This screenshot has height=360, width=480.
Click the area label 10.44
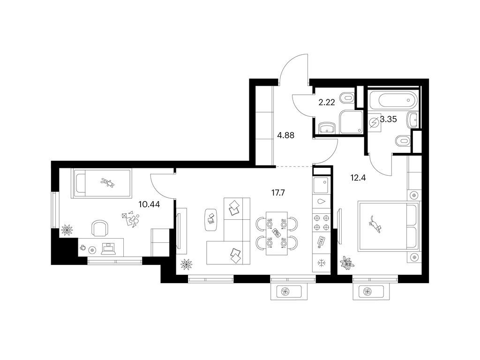tap(149, 204)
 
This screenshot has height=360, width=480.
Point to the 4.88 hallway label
tap(285, 135)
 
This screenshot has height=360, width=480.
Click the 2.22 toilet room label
tap(327, 102)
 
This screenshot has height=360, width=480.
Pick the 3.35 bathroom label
tap(388, 119)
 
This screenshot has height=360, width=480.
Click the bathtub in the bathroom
tap(393, 100)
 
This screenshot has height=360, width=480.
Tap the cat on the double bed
tap(375, 225)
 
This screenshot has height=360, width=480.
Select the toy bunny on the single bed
tap(108, 183)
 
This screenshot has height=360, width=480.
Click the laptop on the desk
tap(108, 248)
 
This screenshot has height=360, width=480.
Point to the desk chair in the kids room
tap(100, 228)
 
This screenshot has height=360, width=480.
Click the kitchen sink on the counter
tap(321, 185)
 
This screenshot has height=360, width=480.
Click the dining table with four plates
tap(277, 233)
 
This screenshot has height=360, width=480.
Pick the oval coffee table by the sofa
tap(211, 220)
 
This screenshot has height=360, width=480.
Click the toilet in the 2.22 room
tap(347, 98)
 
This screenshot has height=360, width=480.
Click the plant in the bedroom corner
tap(347, 262)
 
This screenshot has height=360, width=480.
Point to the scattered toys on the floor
tap(131, 219)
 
